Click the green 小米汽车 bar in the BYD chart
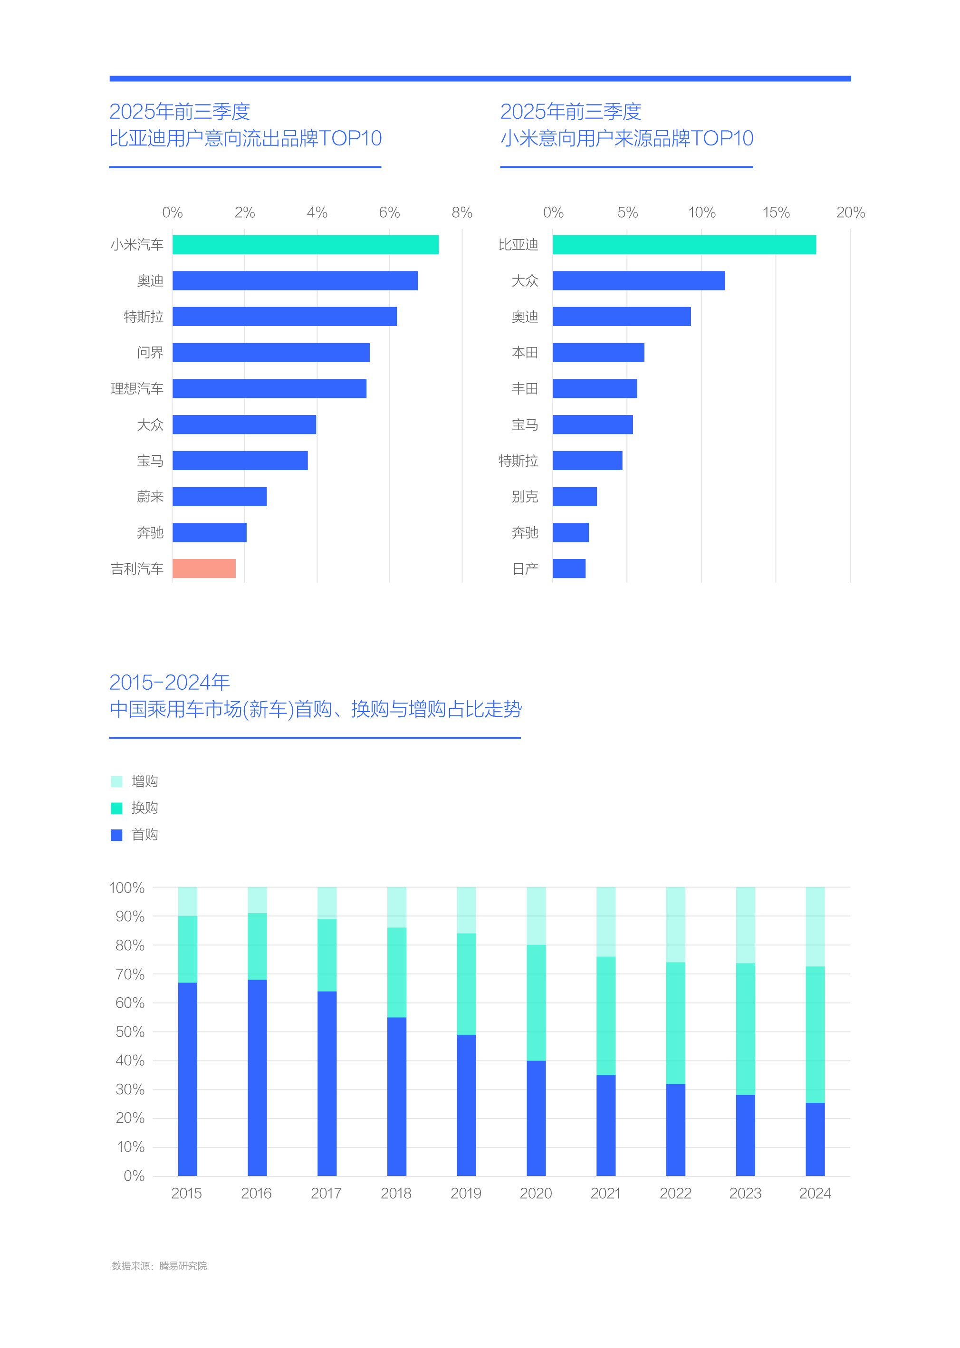click(305, 245)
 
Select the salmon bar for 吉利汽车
click(204, 569)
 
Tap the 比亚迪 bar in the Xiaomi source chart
click(684, 245)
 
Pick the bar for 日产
click(569, 569)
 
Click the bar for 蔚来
click(219, 497)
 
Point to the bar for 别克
click(575, 497)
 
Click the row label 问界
click(150, 353)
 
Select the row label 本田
click(525, 353)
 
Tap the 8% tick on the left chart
click(461, 213)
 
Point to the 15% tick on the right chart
click(776, 213)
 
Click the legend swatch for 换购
click(116, 808)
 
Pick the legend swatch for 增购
click(116, 781)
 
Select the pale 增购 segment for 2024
click(815, 926)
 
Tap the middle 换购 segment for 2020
click(536, 1003)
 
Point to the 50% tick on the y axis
click(130, 1032)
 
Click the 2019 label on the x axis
click(466, 1194)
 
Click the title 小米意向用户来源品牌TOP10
click(626, 138)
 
